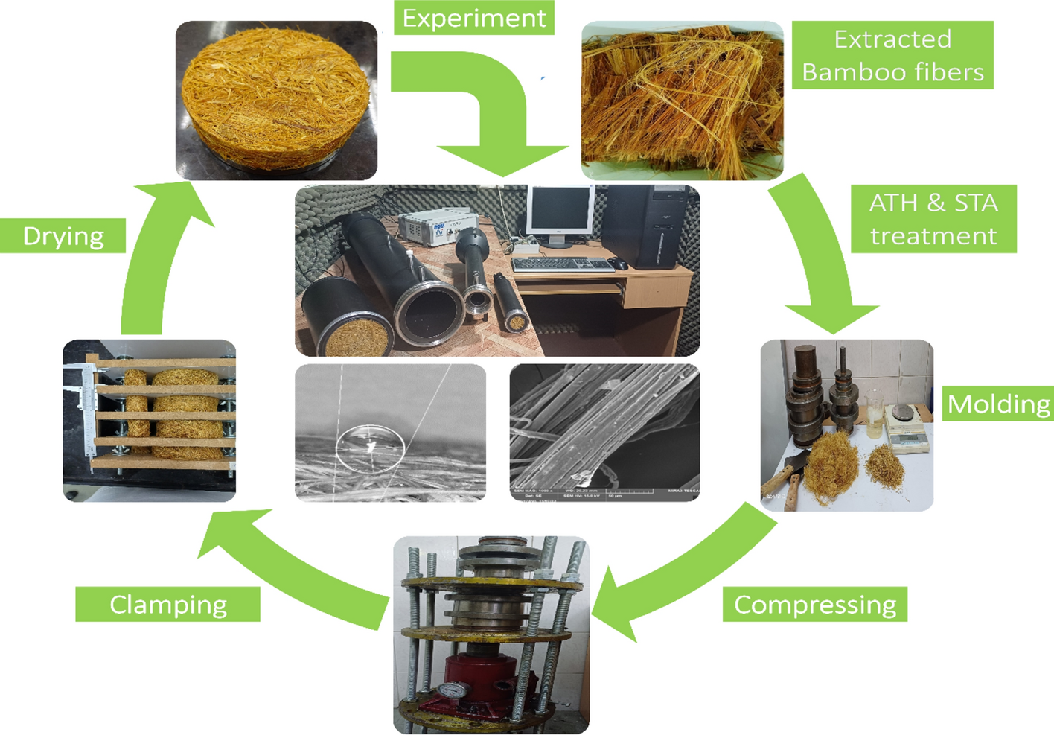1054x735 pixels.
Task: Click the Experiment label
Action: pos(474,18)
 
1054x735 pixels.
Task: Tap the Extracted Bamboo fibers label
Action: pos(892,55)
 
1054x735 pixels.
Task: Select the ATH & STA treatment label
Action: pos(933,219)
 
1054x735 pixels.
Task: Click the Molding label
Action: pos(998,404)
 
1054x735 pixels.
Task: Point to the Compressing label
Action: pos(815,605)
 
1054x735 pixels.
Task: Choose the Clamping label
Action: pos(168,605)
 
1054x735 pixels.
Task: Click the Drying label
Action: pos(63,235)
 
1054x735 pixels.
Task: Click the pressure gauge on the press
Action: pos(449,692)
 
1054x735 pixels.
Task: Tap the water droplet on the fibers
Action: pos(370,447)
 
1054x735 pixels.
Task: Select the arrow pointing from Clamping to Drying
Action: pos(156,253)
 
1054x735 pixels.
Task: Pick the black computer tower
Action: pos(654,226)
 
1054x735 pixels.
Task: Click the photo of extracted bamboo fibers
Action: pos(682,101)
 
